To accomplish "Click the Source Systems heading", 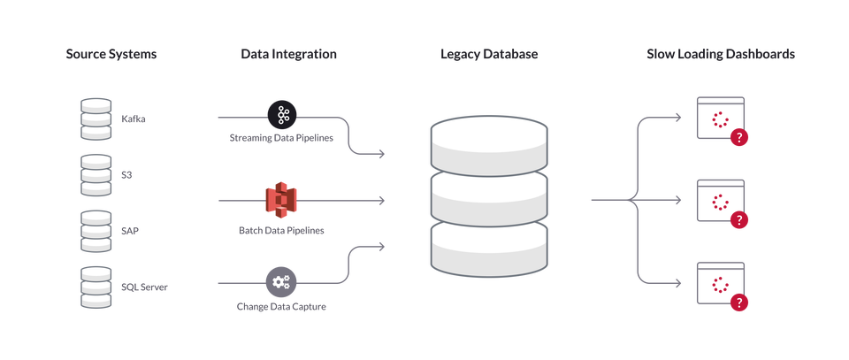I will pyautogui.click(x=111, y=55).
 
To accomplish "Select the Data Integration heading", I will pyautogui.click(x=289, y=55).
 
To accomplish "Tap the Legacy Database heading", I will pyautogui.click(x=489, y=55).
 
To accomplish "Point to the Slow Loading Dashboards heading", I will pyautogui.click(x=722, y=55).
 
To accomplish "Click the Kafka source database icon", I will pyautogui.click(x=96, y=119).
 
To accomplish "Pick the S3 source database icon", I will pyautogui.click(x=96, y=175).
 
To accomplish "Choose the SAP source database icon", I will pyautogui.click(x=96, y=230).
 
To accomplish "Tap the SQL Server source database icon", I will pyautogui.click(x=96, y=287).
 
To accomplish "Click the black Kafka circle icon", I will pyautogui.click(x=281, y=114).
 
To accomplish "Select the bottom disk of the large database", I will pyautogui.click(x=488, y=248).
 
